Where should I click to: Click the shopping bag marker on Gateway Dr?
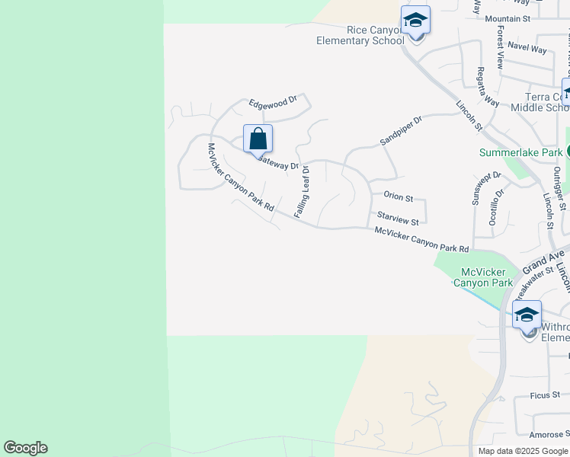tap(258, 139)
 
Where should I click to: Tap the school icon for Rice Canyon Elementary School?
tap(415, 21)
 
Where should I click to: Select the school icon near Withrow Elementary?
tap(527, 315)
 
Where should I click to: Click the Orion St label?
tap(398, 197)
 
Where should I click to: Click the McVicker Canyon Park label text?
tap(483, 277)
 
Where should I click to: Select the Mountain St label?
tap(507, 18)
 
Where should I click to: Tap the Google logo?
tap(25, 448)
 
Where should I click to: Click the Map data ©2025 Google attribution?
tap(523, 451)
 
